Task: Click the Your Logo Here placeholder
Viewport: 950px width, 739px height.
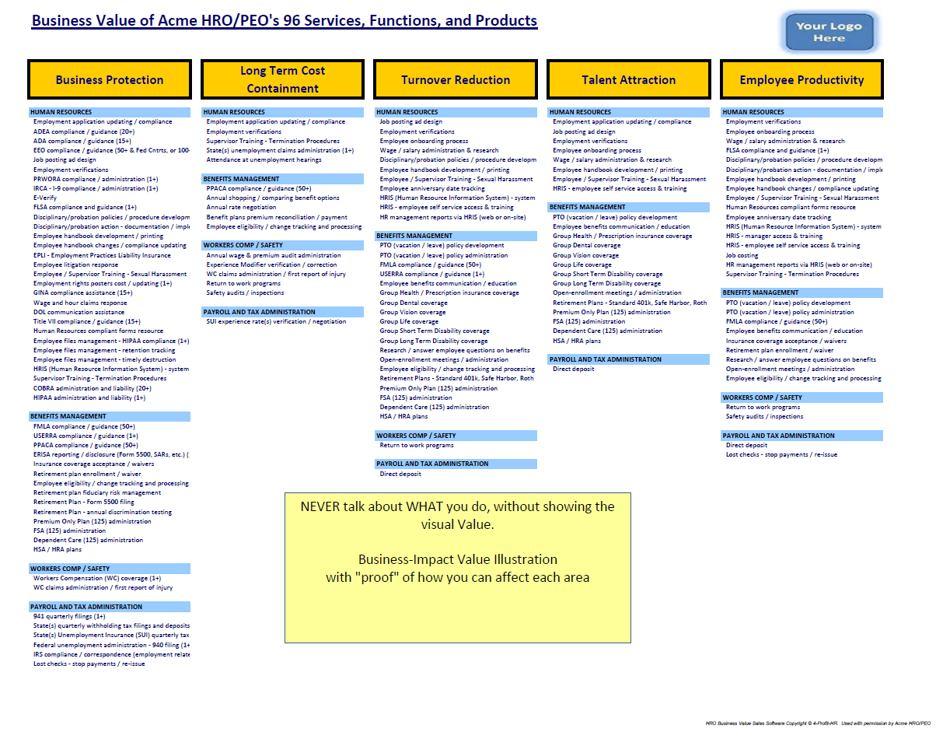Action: (x=829, y=32)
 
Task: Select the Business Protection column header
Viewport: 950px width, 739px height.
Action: (x=110, y=79)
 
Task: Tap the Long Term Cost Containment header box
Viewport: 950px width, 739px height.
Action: (x=282, y=79)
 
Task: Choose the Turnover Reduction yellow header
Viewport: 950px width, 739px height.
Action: (x=456, y=79)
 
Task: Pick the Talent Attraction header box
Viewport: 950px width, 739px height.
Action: (x=628, y=79)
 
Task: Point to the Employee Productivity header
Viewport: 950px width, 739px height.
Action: (x=802, y=79)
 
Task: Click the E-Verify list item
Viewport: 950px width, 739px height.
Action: (x=45, y=198)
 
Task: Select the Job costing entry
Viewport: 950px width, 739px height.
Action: (x=742, y=254)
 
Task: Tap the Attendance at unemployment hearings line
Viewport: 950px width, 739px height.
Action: (x=264, y=159)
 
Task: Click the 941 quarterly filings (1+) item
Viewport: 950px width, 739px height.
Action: (x=69, y=616)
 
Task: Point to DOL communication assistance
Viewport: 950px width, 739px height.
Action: (x=79, y=312)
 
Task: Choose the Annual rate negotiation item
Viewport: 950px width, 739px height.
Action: (x=241, y=208)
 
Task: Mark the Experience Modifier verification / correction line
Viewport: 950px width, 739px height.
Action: (x=271, y=264)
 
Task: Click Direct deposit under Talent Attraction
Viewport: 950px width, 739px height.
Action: (x=573, y=369)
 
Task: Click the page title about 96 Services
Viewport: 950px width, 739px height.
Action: (x=284, y=21)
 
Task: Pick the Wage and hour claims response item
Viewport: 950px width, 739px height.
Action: (x=80, y=303)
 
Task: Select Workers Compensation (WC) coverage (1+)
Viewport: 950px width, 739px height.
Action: (x=97, y=578)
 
